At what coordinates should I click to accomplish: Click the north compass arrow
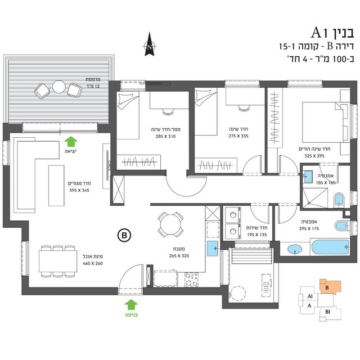point(150,44)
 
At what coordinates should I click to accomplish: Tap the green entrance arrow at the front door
point(131,305)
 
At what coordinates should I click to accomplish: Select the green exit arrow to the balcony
point(71,142)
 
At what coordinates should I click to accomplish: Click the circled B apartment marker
point(124,235)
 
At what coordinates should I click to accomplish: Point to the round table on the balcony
point(58,87)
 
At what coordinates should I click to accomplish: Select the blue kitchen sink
point(213,249)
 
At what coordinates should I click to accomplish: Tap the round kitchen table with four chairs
point(170,224)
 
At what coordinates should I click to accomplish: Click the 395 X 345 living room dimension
point(79,190)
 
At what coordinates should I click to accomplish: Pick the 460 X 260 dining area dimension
point(92,263)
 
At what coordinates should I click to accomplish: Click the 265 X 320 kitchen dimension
point(179,256)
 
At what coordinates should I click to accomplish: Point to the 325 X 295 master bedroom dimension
point(314,156)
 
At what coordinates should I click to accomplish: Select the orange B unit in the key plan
point(330,287)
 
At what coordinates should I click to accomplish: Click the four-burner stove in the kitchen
point(191,280)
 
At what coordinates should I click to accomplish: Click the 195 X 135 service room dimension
point(257,235)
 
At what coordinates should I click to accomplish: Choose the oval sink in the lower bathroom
point(295,249)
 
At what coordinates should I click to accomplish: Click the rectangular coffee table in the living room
point(56,186)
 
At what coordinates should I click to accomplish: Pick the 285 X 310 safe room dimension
point(165,136)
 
